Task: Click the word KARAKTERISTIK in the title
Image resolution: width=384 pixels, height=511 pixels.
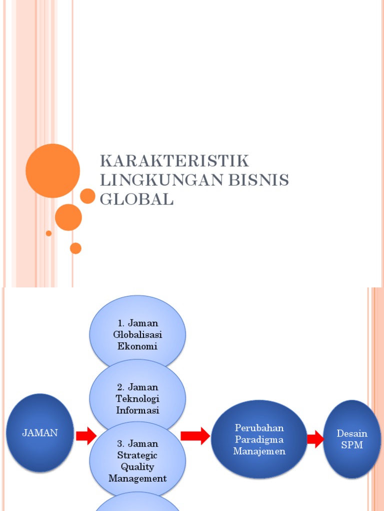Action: [174, 162]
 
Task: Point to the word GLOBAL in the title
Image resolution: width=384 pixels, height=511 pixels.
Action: [136, 199]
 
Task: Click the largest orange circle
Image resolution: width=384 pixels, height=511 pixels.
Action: [52, 171]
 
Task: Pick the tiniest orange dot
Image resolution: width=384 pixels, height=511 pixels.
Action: [48, 233]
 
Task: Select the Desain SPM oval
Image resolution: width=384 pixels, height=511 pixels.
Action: [352, 439]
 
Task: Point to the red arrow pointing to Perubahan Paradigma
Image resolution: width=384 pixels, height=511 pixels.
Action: [195, 436]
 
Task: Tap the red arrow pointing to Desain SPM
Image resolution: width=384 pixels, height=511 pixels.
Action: [315, 440]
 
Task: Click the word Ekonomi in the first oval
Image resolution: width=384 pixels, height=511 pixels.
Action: [137, 346]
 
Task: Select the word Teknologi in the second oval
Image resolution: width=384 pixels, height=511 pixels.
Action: [137, 399]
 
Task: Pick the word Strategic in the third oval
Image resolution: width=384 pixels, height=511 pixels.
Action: [137, 455]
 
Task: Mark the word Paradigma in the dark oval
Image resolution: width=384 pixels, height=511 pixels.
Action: [259, 440]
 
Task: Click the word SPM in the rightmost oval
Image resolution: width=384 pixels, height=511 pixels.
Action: [352, 445]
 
